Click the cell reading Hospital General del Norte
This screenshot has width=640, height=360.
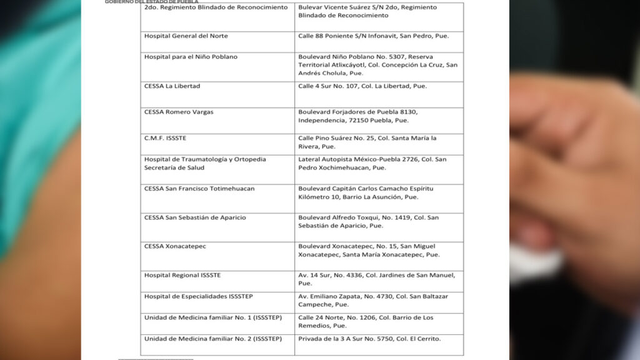182,36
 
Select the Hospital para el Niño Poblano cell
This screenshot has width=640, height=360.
191,57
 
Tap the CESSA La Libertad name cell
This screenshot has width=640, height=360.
172,86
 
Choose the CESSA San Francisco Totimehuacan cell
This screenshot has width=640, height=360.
199,189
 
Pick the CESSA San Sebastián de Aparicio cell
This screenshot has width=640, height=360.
195,217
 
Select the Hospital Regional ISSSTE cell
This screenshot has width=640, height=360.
182,275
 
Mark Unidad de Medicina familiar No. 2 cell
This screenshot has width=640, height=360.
213,339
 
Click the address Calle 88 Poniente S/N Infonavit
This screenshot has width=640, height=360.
373,36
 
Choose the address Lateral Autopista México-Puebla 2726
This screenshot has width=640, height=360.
372,163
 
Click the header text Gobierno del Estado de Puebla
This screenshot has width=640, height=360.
151,2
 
